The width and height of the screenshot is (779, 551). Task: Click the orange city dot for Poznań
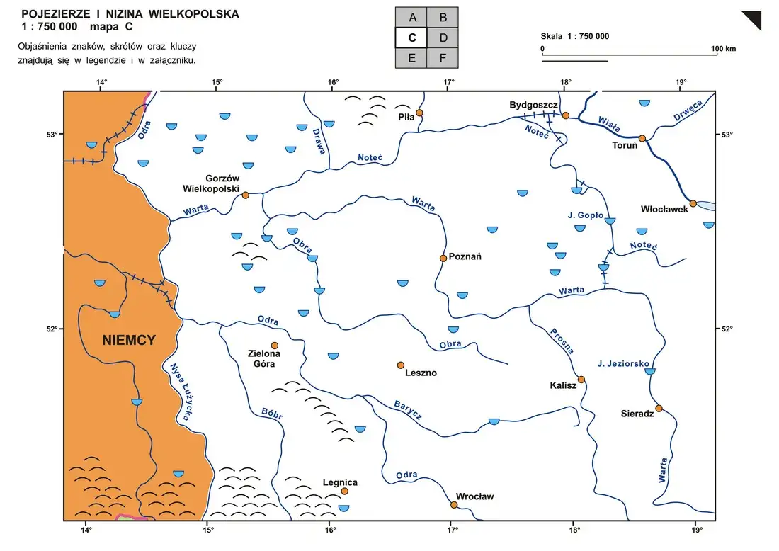click(x=443, y=258)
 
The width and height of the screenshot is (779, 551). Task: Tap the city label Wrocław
click(x=475, y=496)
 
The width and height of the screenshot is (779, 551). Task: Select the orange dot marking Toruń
click(x=642, y=139)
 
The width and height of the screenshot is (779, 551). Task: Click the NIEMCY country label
click(x=129, y=341)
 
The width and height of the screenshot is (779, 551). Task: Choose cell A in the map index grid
click(x=411, y=17)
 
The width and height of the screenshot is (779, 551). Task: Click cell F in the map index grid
click(x=443, y=58)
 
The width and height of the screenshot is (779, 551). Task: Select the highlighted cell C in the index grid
click(x=411, y=38)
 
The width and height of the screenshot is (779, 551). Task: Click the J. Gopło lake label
click(x=585, y=215)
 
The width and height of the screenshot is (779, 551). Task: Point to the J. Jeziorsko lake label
click(x=623, y=363)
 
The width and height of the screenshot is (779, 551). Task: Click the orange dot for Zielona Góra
click(x=275, y=346)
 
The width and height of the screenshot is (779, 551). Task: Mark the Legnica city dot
click(x=344, y=491)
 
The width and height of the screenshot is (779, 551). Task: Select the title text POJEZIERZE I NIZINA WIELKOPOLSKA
click(x=130, y=14)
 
